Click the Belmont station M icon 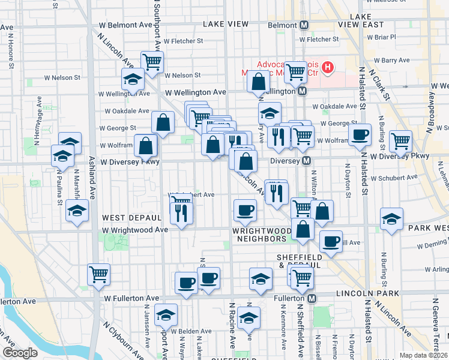[304, 25]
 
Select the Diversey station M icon [306, 161]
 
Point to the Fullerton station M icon [312, 298]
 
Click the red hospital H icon [327, 67]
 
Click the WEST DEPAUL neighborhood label [131, 217]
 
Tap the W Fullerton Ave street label [131, 298]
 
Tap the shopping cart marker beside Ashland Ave [98, 275]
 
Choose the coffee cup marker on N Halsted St [360, 135]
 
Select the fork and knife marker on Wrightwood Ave [181, 213]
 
